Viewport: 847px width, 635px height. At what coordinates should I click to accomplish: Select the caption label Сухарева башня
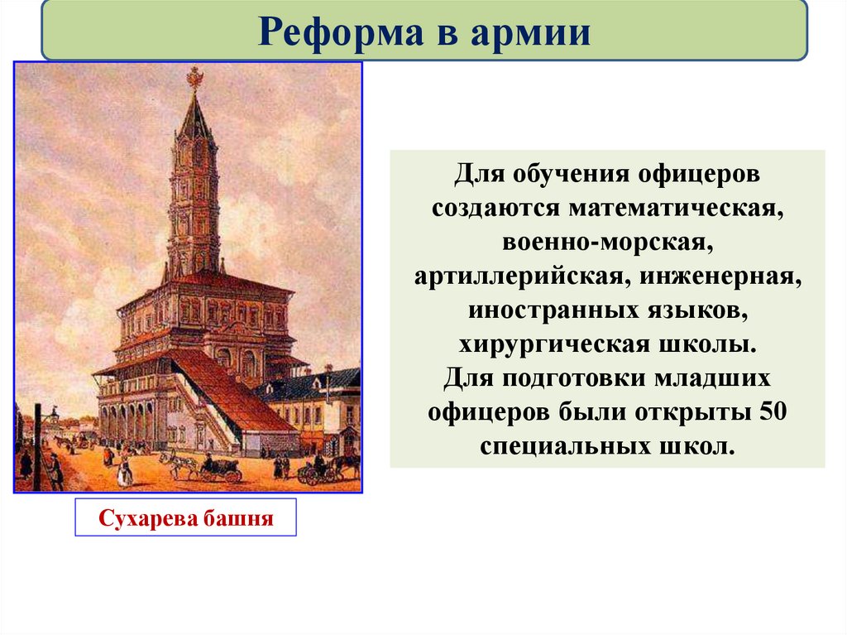coord(185,518)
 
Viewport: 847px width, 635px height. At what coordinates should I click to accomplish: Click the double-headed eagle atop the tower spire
coord(195,78)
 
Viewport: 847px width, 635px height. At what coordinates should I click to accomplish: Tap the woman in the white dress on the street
coord(125,472)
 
